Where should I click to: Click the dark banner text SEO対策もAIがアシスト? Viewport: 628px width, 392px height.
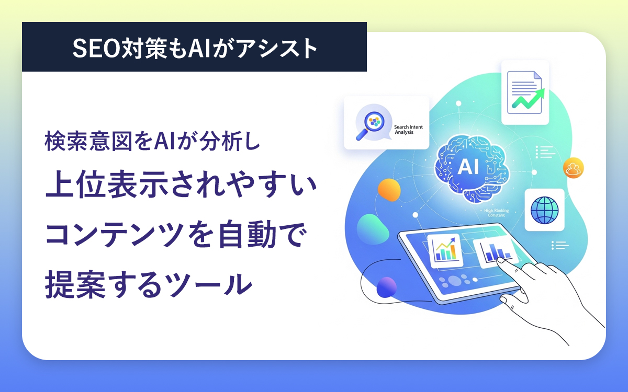(x=194, y=48)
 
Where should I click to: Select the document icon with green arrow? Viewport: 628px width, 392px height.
(x=525, y=93)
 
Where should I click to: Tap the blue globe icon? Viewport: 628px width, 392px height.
(x=544, y=210)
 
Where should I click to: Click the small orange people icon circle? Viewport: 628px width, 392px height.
(x=574, y=168)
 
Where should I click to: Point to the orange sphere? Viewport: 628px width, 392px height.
(x=389, y=190)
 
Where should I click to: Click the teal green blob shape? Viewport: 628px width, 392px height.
(x=373, y=228)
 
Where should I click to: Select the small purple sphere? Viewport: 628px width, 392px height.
(x=387, y=287)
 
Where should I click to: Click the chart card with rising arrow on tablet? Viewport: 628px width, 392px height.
(x=443, y=249)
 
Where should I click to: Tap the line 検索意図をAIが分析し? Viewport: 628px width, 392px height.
(x=152, y=142)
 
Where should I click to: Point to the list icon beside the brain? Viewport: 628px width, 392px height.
(x=545, y=152)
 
